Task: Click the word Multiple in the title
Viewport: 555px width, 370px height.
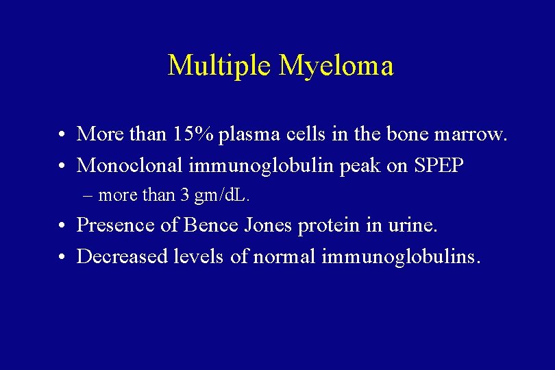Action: point(219,66)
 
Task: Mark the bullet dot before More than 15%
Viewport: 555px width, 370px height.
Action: point(62,134)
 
